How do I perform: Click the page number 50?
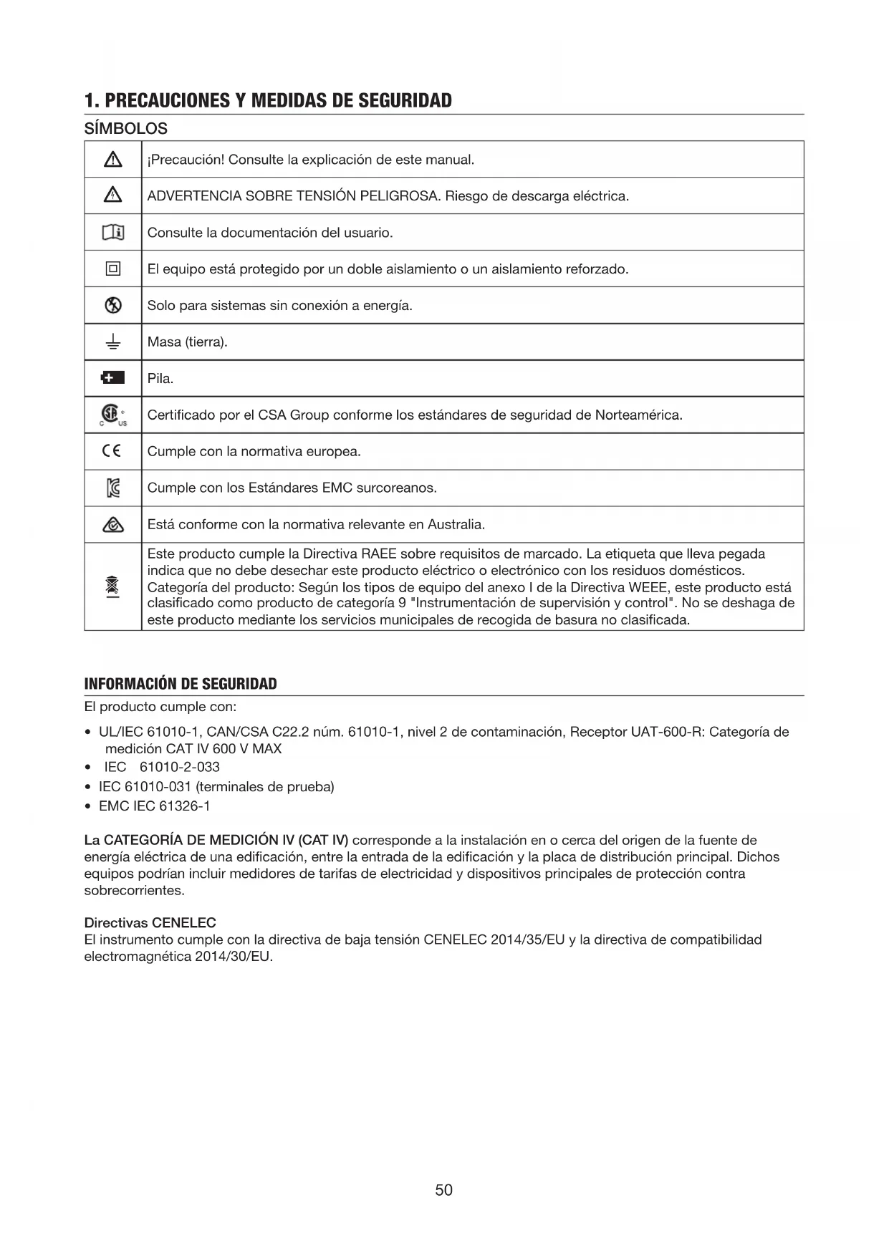coord(443,1190)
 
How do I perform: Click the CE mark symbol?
coord(112,451)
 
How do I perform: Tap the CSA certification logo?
coord(111,414)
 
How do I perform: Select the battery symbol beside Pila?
coord(112,378)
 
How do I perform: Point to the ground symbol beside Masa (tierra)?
coord(112,342)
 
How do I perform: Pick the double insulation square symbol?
coord(112,269)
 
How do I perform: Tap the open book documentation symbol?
coord(112,233)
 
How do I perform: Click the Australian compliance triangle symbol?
coord(112,525)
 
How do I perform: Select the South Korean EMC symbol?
coord(112,488)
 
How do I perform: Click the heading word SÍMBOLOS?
coord(126,129)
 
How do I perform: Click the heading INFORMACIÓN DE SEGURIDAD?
coord(181,684)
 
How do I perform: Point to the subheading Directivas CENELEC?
coord(150,922)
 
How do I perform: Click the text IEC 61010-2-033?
coord(162,768)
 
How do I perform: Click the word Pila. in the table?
coord(160,379)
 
